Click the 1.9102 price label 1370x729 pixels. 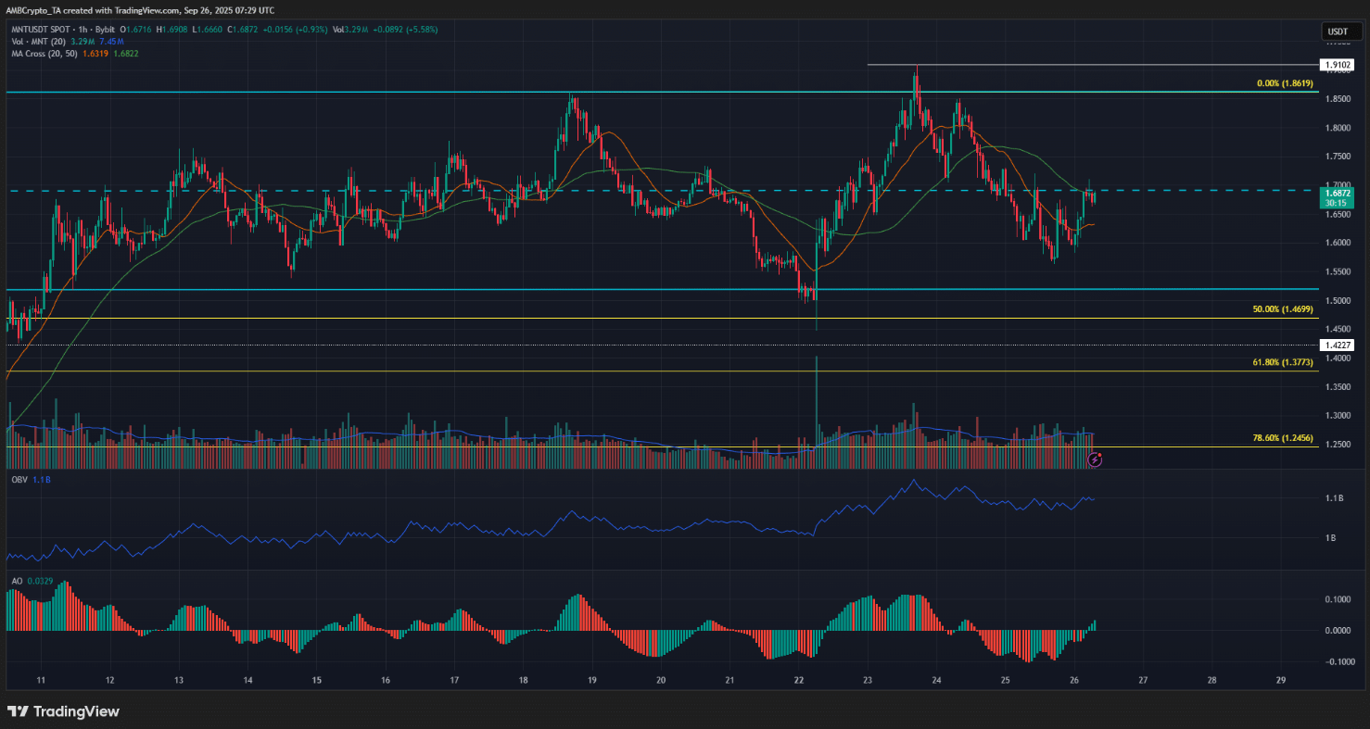[x=1337, y=65]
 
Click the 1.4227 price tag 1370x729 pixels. [x=1337, y=345]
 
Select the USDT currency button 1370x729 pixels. [x=1337, y=31]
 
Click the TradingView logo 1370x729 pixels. [x=64, y=711]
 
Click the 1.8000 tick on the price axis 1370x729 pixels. [x=1337, y=128]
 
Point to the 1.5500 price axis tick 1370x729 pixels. [x=1337, y=272]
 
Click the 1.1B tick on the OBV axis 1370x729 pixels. [x=1336, y=499]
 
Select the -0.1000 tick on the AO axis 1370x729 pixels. [x=1336, y=662]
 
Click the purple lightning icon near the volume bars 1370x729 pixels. [x=1095, y=458]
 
